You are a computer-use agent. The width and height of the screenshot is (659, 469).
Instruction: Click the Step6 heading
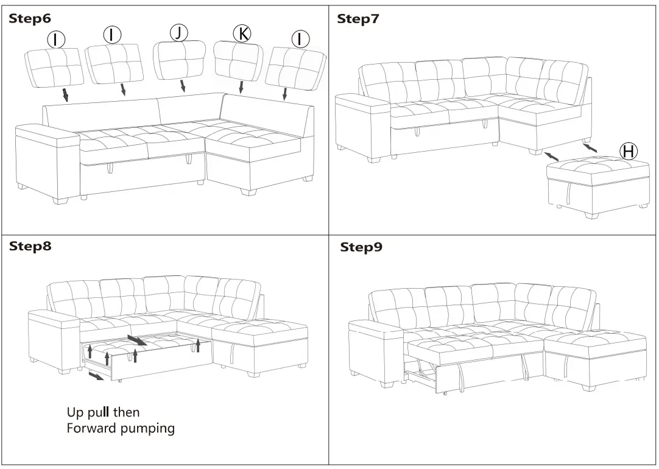coord(30,19)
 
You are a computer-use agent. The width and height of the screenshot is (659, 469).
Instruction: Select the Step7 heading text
coord(358,19)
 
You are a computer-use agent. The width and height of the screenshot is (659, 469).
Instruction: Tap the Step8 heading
coord(30,246)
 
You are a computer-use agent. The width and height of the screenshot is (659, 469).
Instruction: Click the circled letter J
coord(178,33)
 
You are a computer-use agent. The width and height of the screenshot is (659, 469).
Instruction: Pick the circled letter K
coord(242,33)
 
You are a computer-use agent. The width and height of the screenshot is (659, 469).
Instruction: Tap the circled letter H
coord(628,150)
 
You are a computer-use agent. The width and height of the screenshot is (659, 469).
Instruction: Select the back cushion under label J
coord(179,61)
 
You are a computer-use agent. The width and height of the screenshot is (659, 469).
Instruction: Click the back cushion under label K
coord(239,61)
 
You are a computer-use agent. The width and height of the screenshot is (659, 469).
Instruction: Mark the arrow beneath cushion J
coord(183,86)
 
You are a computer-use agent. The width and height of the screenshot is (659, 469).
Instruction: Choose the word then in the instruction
coord(127,412)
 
